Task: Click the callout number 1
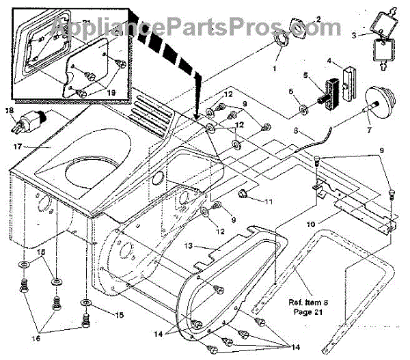click(276, 69)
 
